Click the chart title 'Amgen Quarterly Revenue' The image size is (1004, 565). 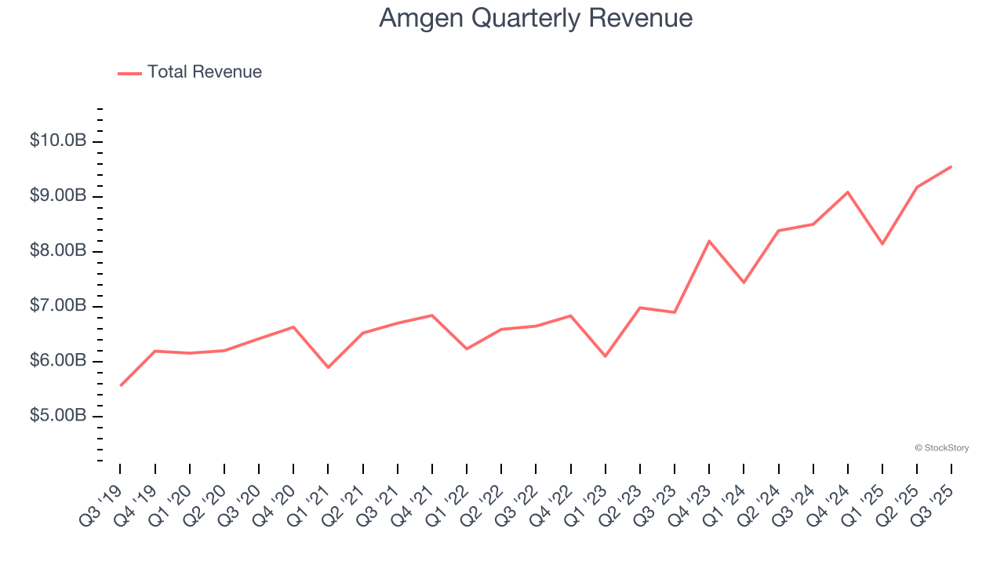tap(535, 18)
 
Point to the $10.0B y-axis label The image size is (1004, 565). tap(58, 140)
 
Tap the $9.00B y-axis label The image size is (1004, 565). tap(58, 195)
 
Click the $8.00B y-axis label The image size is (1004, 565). tap(58, 250)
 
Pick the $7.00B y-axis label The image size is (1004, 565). tap(58, 305)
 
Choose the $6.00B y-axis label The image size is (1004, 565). tap(58, 360)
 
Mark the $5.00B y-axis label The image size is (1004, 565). tap(58, 415)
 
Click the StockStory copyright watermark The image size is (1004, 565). tap(941, 448)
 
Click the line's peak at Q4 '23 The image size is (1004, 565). tap(709, 241)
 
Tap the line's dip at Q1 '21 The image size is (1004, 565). tap(328, 367)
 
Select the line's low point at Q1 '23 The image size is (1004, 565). tap(606, 356)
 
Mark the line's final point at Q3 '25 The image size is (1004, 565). tap(951, 166)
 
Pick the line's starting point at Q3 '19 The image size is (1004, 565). tap(121, 385)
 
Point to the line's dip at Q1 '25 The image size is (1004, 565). tap(882, 244)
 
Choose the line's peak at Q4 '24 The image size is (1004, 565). tap(848, 191)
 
